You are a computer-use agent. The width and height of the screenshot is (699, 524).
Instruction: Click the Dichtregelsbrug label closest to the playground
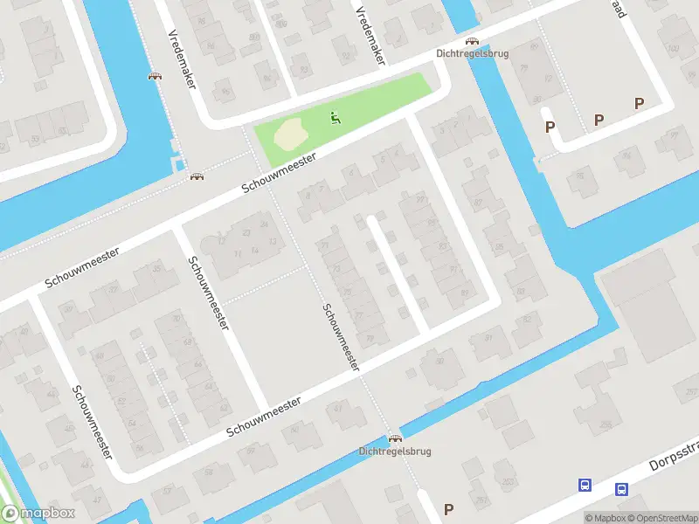pyautogui.click(x=472, y=53)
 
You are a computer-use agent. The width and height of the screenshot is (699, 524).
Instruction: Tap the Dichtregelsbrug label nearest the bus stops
pyautogui.click(x=395, y=452)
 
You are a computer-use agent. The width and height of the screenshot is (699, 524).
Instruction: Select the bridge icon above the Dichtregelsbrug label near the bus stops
pyautogui.click(x=395, y=438)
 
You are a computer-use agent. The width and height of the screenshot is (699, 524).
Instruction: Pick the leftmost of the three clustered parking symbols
pyautogui.click(x=550, y=128)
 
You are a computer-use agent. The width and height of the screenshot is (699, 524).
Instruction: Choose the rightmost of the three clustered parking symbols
pyautogui.click(x=639, y=104)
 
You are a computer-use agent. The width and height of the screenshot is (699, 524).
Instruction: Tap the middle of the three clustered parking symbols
pyautogui.click(x=599, y=120)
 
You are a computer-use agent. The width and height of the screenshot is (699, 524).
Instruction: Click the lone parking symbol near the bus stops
pyautogui.click(x=449, y=509)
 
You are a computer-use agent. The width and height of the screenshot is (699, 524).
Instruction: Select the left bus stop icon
pyautogui.click(x=585, y=485)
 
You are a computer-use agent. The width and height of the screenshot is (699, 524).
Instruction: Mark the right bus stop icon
pyautogui.click(x=621, y=490)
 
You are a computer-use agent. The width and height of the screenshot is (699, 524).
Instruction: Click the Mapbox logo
pyautogui.click(x=38, y=514)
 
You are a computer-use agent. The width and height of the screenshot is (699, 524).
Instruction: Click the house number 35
pyautogui.click(x=157, y=267)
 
